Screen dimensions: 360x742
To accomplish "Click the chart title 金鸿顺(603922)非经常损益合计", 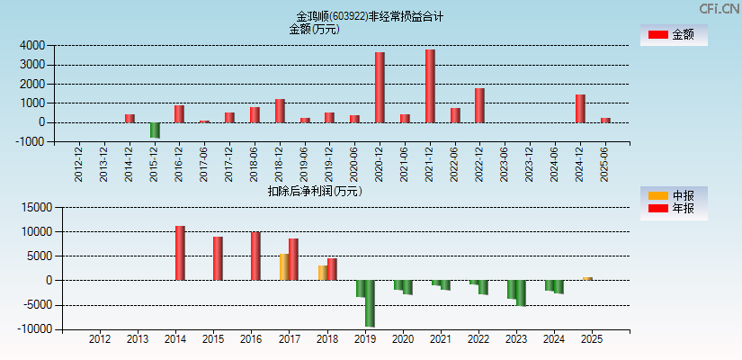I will point(370,16).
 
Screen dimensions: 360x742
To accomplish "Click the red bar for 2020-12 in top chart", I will point(380,87).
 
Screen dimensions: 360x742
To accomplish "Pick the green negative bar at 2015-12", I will point(155,130).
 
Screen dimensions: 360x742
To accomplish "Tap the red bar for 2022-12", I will point(479,105).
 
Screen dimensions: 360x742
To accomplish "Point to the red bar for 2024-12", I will point(580,108).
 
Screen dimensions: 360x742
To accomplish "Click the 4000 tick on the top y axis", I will point(33,45).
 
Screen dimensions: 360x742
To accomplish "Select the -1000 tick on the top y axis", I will point(31,142).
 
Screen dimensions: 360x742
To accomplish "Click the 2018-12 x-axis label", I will point(280,163).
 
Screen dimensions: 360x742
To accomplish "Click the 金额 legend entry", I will point(674,35).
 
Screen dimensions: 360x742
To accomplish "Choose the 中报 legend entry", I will point(674,195).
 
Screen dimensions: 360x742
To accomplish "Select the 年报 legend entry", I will point(674,209).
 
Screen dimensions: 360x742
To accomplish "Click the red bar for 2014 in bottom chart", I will point(180,253).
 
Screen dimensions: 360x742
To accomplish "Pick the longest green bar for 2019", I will point(370,303).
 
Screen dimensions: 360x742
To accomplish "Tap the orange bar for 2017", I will point(284,266).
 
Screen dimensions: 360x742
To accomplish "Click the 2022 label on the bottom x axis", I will point(478,339).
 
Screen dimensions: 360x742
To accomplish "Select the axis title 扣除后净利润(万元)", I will point(314,191).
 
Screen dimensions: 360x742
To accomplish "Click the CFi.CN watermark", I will point(720,8).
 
